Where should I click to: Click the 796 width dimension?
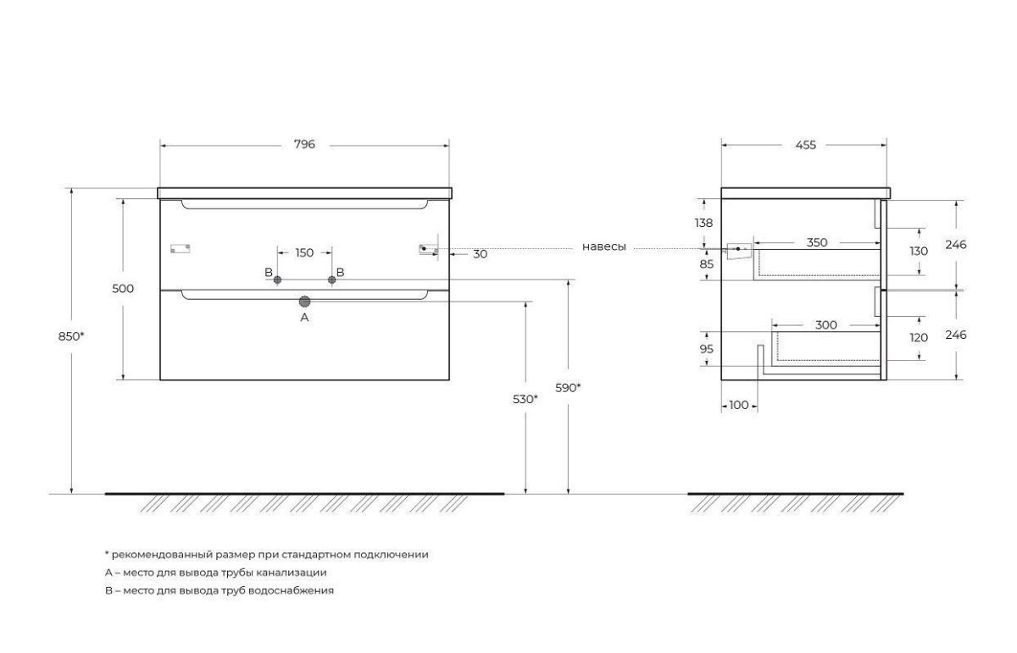[x=304, y=144]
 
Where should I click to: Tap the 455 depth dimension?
[x=806, y=145]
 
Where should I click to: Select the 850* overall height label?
[x=71, y=337]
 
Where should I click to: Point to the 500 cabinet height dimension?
[x=123, y=289]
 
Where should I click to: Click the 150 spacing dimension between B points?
[x=304, y=252]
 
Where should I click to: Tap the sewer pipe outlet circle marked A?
[x=304, y=302]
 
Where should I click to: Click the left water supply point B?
[x=277, y=280]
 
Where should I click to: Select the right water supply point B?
[x=332, y=280]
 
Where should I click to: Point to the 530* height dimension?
[x=525, y=399]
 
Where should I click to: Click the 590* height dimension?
[x=568, y=388]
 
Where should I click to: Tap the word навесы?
[x=603, y=246]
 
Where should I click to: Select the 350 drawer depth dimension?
[x=817, y=243]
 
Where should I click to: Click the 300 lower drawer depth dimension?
[x=825, y=325]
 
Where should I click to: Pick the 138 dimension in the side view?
[x=703, y=224]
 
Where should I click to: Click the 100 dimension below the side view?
[x=739, y=405]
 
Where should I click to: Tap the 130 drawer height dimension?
[x=919, y=252]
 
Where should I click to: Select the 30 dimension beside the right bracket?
[x=480, y=254]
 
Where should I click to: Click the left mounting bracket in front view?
[x=180, y=249]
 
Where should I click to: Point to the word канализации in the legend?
[x=292, y=573]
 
